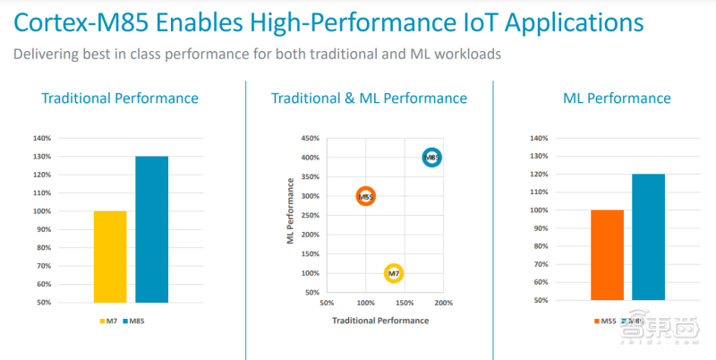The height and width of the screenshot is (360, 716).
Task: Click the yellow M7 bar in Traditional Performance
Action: point(110,256)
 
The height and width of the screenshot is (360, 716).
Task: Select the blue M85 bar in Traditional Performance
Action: point(151,229)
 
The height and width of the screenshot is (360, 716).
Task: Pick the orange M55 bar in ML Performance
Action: point(607,255)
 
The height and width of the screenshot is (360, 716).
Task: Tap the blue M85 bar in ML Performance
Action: point(648,236)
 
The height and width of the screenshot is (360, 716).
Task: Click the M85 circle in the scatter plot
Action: point(431,158)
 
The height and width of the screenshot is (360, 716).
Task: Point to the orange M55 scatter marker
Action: point(365,196)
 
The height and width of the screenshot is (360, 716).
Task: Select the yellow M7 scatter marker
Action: point(393,273)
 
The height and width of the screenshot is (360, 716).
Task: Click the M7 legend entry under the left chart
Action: point(108,321)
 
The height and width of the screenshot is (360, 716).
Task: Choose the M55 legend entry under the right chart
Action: point(605,321)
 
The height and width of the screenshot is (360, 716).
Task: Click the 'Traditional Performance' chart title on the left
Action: point(120,99)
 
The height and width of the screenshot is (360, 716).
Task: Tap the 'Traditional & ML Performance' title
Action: point(369,99)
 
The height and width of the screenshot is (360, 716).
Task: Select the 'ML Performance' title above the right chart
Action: point(617,99)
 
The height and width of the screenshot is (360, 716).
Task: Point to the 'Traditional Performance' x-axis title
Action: point(380,320)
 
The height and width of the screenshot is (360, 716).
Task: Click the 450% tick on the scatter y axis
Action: point(310,139)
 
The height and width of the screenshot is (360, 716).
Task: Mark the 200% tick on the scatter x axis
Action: point(444,303)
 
